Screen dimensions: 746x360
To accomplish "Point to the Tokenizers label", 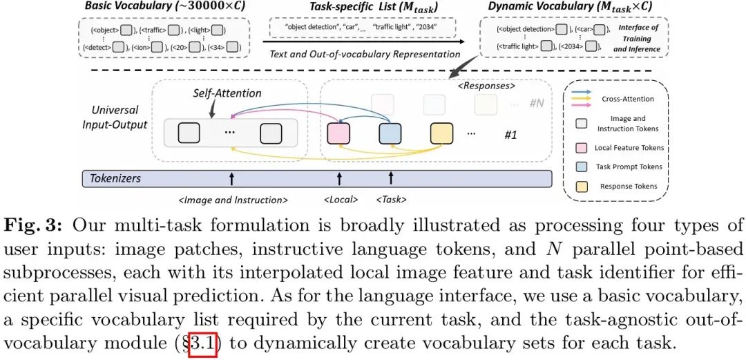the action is tap(115, 178).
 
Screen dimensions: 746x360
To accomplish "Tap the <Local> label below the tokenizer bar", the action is tap(341, 200).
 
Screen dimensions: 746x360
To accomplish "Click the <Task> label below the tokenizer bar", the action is tap(391, 200).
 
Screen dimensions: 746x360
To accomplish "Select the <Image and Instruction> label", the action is tap(233, 200).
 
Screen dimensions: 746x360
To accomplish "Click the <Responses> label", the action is tap(486, 88).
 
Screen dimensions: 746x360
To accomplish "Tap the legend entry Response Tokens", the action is tap(629, 186).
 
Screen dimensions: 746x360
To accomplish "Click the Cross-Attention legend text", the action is tap(627, 99).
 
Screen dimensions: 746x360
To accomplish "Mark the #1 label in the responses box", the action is tap(510, 135).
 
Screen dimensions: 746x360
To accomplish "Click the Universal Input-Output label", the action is tap(115, 117).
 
